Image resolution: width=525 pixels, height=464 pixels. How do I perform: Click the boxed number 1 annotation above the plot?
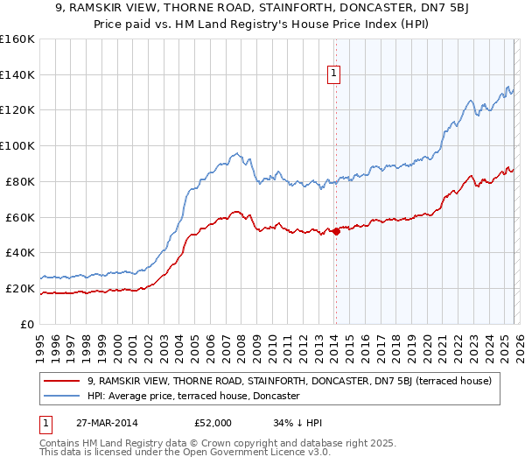334,75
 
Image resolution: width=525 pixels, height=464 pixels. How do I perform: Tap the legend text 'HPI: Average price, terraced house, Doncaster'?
193,397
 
